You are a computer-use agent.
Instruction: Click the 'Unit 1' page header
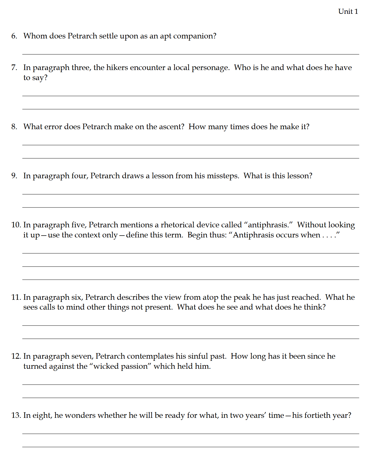point(348,11)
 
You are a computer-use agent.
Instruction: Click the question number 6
point(14,36)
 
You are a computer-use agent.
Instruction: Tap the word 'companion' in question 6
point(193,36)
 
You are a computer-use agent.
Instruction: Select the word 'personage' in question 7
point(210,68)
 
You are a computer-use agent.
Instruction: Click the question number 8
point(14,127)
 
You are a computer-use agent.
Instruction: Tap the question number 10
point(16,225)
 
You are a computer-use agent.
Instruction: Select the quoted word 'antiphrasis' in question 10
point(268,225)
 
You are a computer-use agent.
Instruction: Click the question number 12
point(16,356)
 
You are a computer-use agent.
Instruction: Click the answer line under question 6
point(190,54)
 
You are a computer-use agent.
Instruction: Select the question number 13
point(16,415)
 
